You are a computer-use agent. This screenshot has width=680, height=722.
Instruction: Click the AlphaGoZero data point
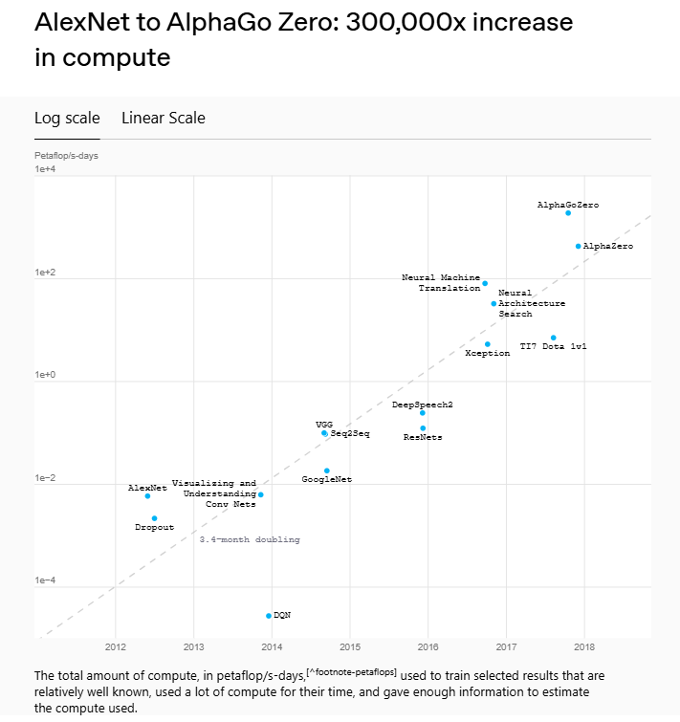pyautogui.click(x=568, y=213)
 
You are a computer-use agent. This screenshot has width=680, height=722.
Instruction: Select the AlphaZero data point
pyautogui.click(x=579, y=246)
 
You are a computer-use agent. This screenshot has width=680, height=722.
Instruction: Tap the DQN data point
pyautogui.click(x=269, y=615)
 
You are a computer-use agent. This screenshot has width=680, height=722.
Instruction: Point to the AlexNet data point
pyautogui.click(x=147, y=496)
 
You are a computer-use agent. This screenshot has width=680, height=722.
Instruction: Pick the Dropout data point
pyautogui.click(x=154, y=518)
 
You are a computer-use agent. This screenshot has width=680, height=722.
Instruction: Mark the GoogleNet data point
pyautogui.click(x=327, y=470)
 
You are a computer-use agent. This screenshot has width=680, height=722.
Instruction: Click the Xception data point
pyautogui.click(x=488, y=344)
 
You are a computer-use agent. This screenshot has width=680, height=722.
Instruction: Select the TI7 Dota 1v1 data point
pyautogui.click(x=553, y=338)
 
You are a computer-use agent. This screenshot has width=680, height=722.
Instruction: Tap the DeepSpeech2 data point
pyautogui.click(x=423, y=413)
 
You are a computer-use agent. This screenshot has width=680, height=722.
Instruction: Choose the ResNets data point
pyautogui.click(x=423, y=428)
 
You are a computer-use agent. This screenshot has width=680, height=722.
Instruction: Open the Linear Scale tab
pyautogui.click(x=164, y=119)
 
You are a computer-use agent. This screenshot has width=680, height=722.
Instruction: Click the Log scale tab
pyautogui.click(x=67, y=119)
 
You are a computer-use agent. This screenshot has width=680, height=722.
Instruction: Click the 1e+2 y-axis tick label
pyautogui.click(x=46, y=273)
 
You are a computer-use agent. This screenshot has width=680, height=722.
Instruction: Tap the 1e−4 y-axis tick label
pyautogui.click(x=46, y=580)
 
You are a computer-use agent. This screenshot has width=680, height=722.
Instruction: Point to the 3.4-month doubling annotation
pyautogui.click(x=250, y=540)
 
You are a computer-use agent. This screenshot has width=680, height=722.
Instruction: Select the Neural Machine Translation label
pyautogui.click(x=441, y=283)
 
